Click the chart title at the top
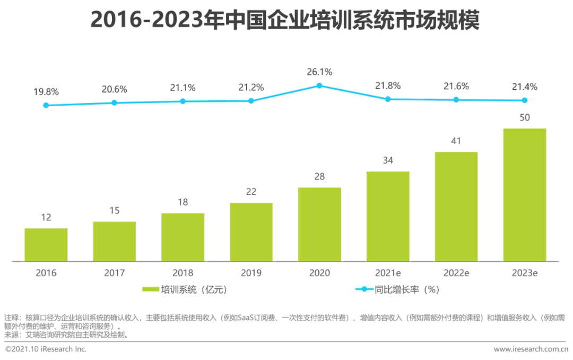pos(285,21)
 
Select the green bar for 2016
pos(46,245)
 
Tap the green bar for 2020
pos(319,225)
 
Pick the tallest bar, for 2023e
pos(524,195)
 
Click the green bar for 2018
pos(183,237)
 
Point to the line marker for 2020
pos(319,85)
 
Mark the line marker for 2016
pos(46,105)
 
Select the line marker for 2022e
pos(456,100)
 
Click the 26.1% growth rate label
pos(319,72)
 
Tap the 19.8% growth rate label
pos(46,91)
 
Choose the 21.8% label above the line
pos(388,85)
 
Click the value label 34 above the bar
pos(388,160)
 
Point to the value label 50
pos(524,117)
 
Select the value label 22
pos(251,192)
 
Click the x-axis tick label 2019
pos(251,273)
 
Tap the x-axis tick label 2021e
pos(388,273)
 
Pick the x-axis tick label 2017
pos(114,273)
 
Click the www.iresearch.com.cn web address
pos(531,349)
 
